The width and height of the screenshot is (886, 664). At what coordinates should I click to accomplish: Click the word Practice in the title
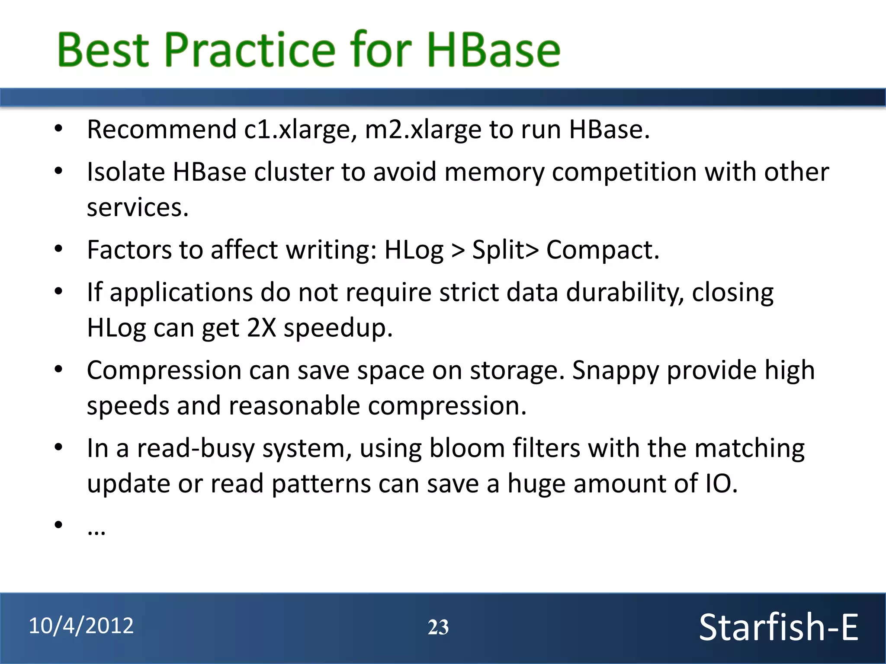[250, 50]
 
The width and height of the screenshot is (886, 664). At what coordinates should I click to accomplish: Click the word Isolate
[125, 172]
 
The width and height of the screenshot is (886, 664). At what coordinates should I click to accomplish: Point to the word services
[138, 207]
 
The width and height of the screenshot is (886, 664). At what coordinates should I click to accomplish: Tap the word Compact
[602, 250]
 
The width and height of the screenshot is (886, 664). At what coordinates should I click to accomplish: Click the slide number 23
[438, 627]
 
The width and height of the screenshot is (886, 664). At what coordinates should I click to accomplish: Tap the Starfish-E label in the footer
[778, 627]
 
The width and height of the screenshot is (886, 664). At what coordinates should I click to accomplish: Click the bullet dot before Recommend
[58, 128]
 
